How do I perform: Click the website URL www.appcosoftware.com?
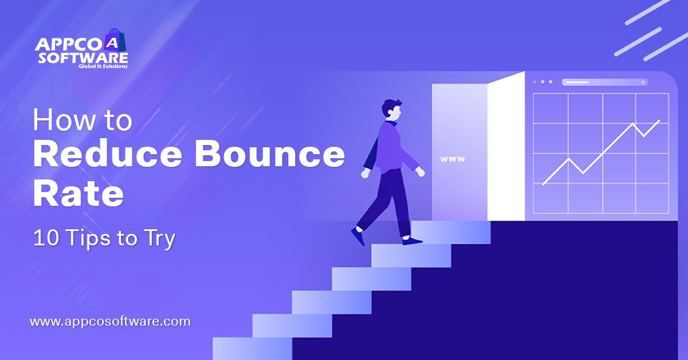(110, 322)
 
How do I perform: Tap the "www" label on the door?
(453, 159)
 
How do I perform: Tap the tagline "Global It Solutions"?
(103, 66)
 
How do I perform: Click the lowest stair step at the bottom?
(252, 349)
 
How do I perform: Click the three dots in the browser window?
(542, 82)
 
